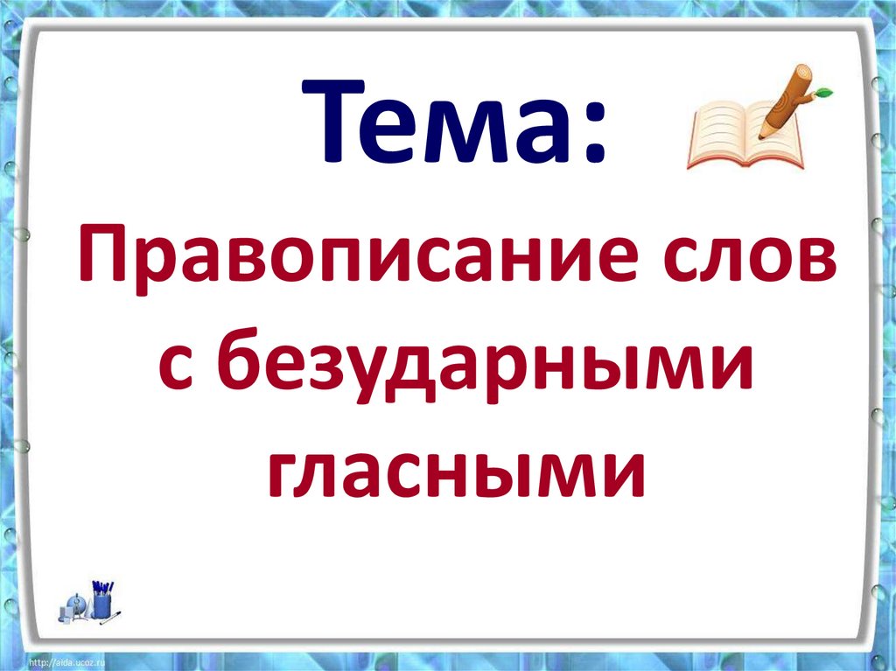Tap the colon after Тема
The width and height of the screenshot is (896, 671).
595,131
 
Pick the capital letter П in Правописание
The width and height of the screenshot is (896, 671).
102,254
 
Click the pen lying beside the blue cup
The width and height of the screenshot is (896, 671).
112,618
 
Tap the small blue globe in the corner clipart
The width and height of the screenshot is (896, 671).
75,604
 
